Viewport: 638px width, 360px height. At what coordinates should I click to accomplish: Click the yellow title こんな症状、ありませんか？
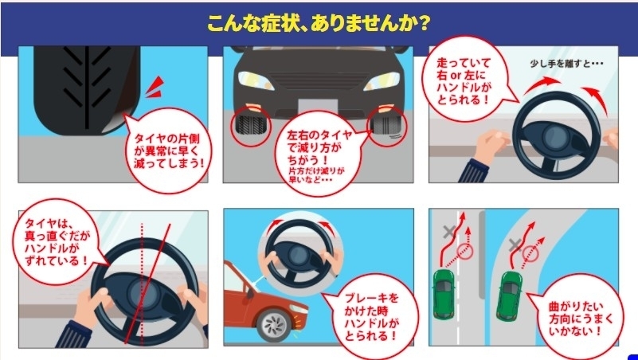[319, 22]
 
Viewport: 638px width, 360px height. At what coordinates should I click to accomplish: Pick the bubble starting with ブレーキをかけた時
[367, 315]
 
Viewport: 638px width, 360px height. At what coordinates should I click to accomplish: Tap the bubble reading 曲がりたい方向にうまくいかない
[579, 316]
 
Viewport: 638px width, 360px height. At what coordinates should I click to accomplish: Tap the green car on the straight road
[444, 292]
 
